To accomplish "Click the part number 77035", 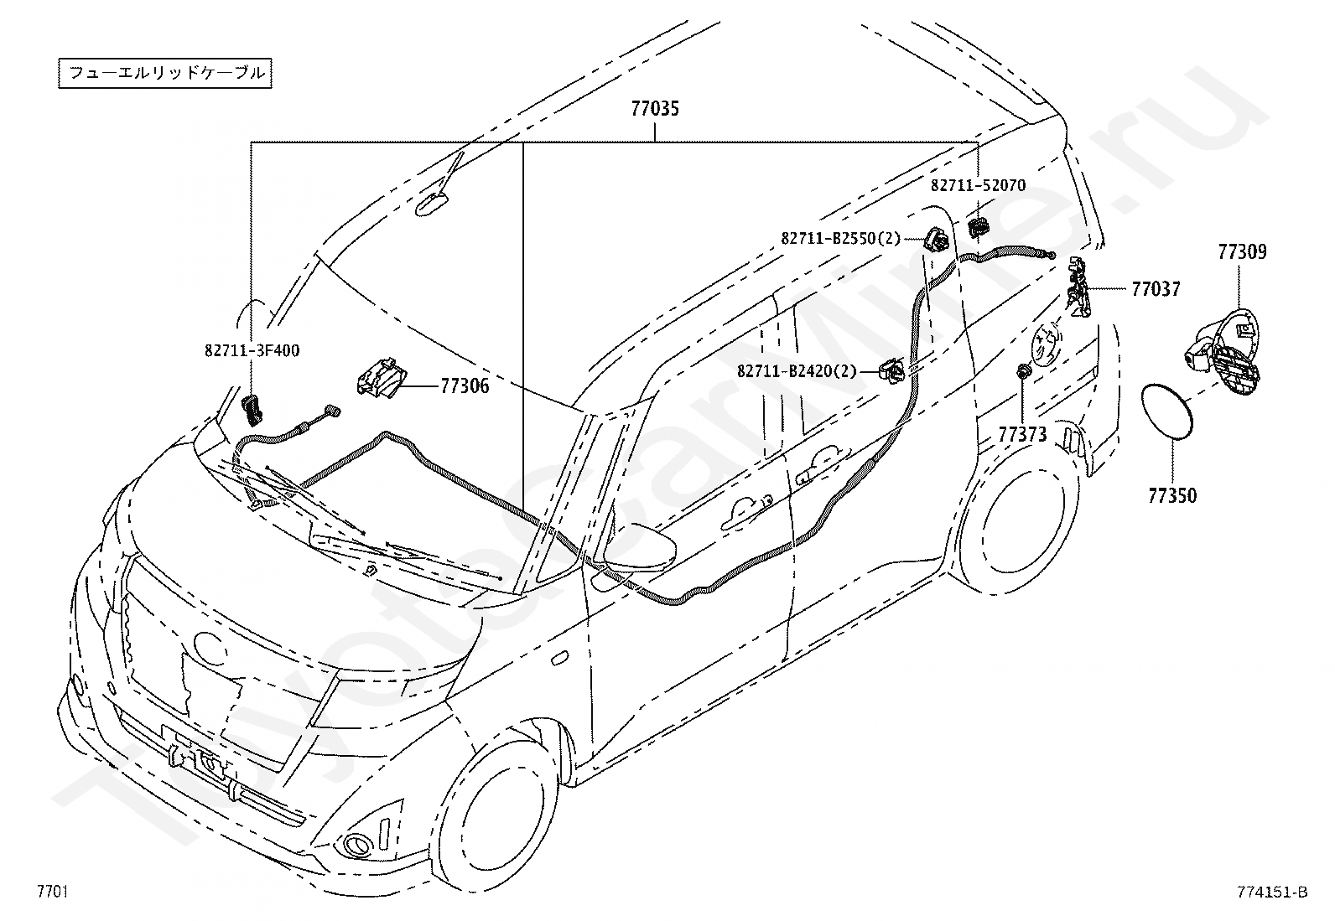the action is (x=655, y=108).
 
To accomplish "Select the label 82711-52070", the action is (x=979, y=186).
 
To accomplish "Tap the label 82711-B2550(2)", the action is (x=841, y=238).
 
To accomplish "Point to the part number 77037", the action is (x=1156, y=289).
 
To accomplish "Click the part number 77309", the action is (x=1243, y=252).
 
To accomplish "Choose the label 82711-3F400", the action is (x=252, y=350).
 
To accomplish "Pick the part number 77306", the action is (x=465, y=386).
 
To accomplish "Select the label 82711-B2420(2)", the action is (x=797, y=371).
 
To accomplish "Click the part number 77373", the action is (x=1023, y=435).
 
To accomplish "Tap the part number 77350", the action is (x=1172, y=495).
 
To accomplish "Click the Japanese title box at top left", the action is (x=165, y=73).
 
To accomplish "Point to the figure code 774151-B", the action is (x=1272, y=892).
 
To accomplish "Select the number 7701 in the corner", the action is (x=53, y=891).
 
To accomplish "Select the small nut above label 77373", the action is (x=1022, y=372).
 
